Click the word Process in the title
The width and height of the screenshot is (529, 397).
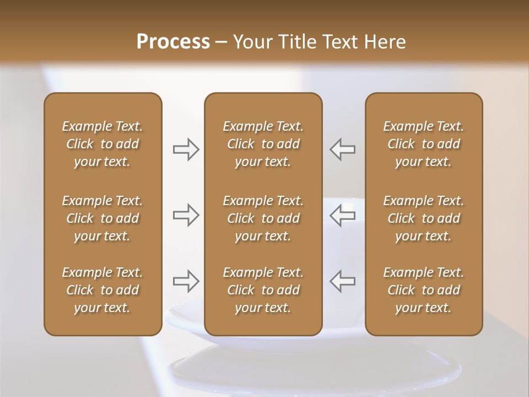pyautogui.click(x=173, y=42)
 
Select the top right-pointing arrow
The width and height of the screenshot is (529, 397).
pyautogui.click(x=186, y=149)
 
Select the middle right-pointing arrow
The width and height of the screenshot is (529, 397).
pyautogui.click(x=186, y=215)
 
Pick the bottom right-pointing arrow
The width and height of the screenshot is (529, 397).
pyautogui.click(x=186, y=281)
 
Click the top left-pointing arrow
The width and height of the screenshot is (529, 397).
pyautogui.click(x=342, y=149)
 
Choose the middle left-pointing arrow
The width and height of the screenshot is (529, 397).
pyautogui.click(x=342, y=215)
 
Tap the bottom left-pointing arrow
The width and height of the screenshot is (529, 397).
pyautogui.click(x=342, y=281)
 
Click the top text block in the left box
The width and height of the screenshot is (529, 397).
pyautogui.click(x=102, y=144)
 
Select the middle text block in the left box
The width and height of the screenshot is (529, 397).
pyautogui.click(x=102, y=218)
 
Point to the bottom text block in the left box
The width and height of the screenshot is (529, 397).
pyautogui.click(x=102, y=290)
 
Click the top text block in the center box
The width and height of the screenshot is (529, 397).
pyautogui.click(x=263, y=144)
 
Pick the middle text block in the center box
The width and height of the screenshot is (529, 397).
pyautogui.click(x=263, y=218)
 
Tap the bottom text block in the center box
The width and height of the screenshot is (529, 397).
pyautogui.click(x=263, y=290)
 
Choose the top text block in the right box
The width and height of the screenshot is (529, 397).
pyautogui.click(x=423, y=144)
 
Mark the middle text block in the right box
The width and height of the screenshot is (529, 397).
pyautogui.click(x=423, y=218)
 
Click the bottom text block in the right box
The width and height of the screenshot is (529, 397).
pyautogui.click(x=423, y=290)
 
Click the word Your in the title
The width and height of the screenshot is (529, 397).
pyautogui.click(x=251, y=42)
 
